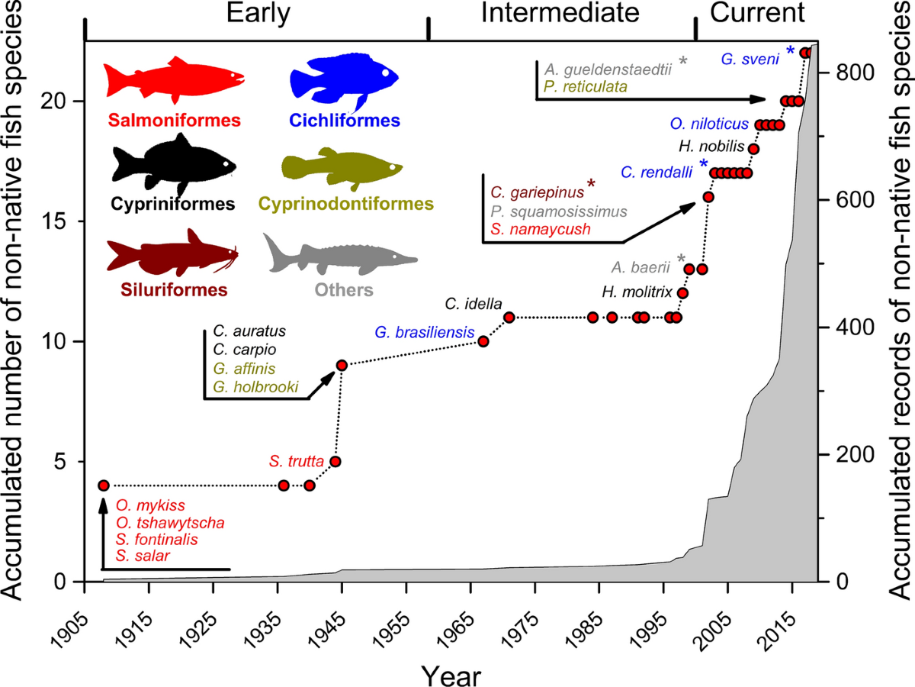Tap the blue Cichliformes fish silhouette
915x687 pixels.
(x=344, y=80)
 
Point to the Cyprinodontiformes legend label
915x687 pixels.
(x=345, y=204)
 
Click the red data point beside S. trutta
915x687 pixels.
(x=335, y=461)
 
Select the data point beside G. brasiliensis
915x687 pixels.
(x=483, y=341)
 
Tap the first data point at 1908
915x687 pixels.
(x=104, y=485)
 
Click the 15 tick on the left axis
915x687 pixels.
(x=62, y=221)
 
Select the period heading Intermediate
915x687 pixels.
(x=560, y=13)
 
